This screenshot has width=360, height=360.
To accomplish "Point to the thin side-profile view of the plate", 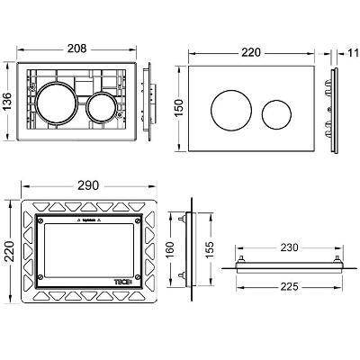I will pyautogui.click(x=336, y=108).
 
